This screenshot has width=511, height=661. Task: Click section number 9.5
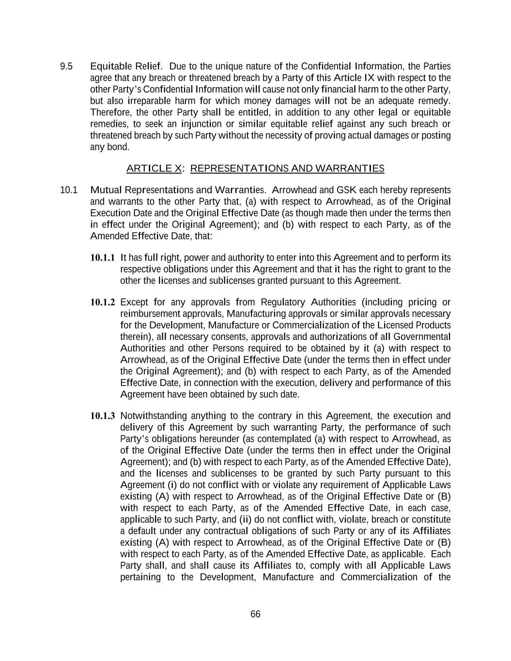pos(66,66)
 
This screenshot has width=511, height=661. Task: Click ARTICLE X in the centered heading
pos(154,169)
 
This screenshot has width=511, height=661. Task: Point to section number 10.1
pos(68,190)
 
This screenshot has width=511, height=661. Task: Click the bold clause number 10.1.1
pos(103,258)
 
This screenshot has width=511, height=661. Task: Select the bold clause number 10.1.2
pos(103,303)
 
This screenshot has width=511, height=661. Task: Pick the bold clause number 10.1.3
pos(103,416)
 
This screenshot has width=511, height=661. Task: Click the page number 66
pos(255,614)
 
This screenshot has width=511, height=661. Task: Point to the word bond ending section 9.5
pos(119,147)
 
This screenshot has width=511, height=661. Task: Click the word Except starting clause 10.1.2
pos(133,303)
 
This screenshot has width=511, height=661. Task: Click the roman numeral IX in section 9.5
pos(369,78)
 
